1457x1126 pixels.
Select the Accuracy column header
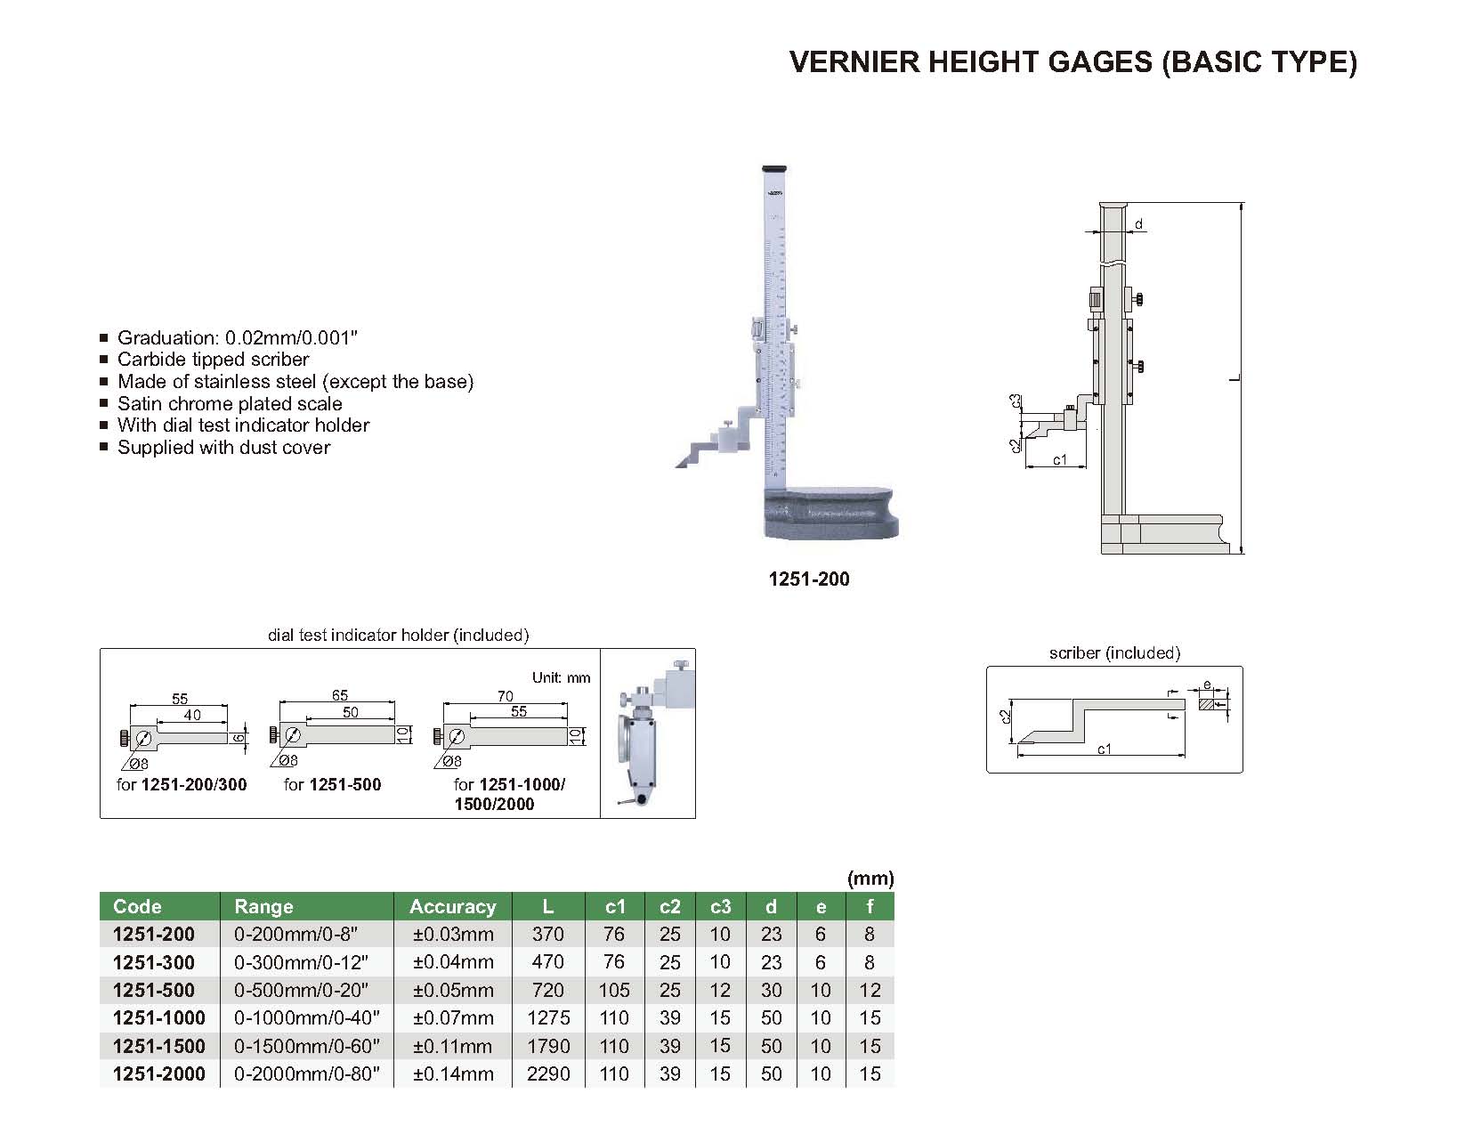point(452,906)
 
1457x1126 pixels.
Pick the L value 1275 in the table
point(548,1017)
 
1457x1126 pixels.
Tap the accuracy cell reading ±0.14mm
point(453,1073)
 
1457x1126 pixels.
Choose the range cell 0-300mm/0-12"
point(301,962)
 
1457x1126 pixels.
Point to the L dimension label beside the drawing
point(1234,379)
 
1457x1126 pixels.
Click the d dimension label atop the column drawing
point(1138,224)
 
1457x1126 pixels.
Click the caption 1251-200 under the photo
point(809,579)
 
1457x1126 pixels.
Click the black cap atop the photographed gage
point(776,167)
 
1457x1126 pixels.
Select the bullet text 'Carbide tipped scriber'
point(214,360)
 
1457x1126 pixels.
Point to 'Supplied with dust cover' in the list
point(223,448)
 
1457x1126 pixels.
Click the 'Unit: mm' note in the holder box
point(561,677)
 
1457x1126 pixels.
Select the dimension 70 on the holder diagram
point(506,696)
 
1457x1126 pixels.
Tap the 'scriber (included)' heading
point(1114,653)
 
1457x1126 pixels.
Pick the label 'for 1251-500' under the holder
point(332,784)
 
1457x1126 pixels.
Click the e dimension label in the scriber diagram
point(1206,685)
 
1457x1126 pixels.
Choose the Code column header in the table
point(137,906)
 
